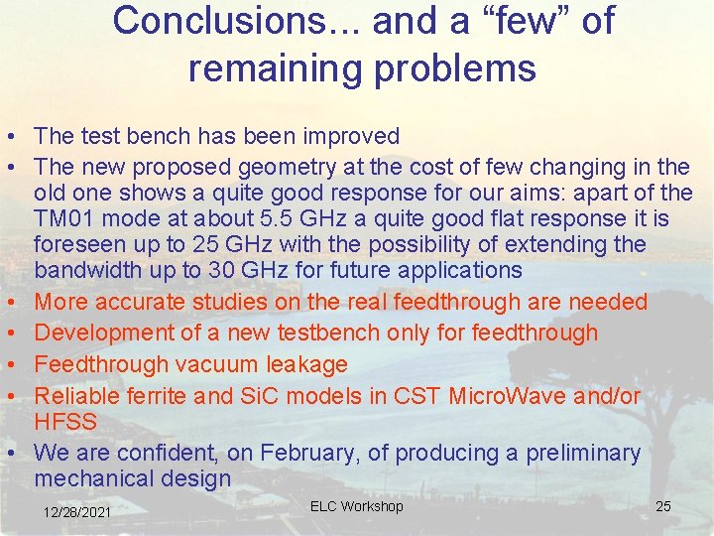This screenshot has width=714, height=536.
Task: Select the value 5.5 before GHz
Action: click(x=251, y=217)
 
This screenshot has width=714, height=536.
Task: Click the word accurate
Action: click(x=143, y=302)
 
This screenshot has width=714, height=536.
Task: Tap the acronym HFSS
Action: click(x=64, y=422)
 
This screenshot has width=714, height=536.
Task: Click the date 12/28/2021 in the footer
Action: click(x=77, y=511)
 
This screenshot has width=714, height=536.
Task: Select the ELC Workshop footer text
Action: click(x=356, y=506)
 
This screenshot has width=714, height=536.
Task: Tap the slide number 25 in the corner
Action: click(x=663, y=506)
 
